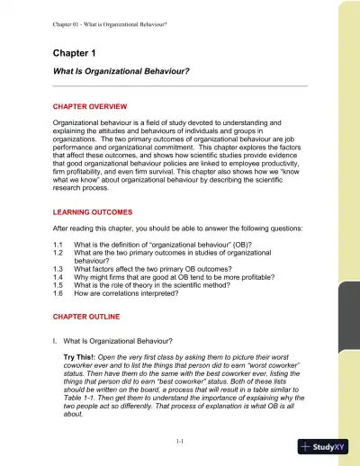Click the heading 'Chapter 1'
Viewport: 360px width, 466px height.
pyautogui.click(x=76, y=53)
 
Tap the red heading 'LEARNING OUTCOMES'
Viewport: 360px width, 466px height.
pyautogui.click(x=94, y=212)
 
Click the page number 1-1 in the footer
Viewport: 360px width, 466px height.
pyautogui.click(x=181, y=441)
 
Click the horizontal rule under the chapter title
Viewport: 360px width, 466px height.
pyautogui.click(x=181, y=85)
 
